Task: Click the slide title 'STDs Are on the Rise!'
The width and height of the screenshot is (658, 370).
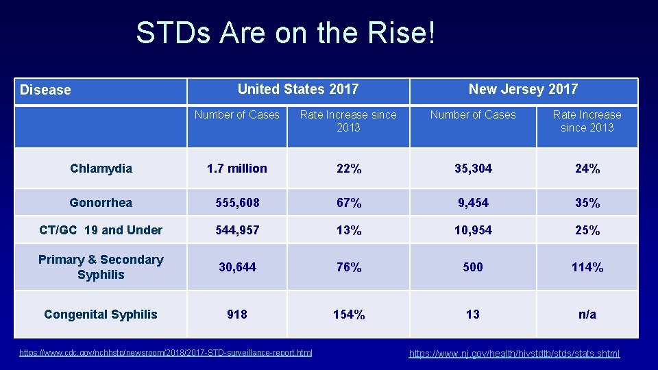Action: pyautogui.click(x=285, y=33)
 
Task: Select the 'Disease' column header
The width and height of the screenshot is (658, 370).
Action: pyautogui.click(x=45, y=90)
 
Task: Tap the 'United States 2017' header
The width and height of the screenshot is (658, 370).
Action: pyautogui.click(x=297, y=89)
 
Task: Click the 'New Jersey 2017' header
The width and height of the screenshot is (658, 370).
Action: pyautogui.click(x=523, y=89)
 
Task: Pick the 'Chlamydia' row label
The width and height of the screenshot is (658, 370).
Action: pyautogui.click(x=101, y=169)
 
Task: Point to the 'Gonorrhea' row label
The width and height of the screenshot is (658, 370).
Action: pyautogui.click(x=101, y=203)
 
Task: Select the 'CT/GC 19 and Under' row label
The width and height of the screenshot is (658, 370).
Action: pyautogui.click(x=101, y=230)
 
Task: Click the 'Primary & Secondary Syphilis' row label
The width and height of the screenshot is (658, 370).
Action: pyautogui.click(x=101, y=267)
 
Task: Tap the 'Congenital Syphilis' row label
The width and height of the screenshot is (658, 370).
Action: pyautogui.click(x=101, y=314)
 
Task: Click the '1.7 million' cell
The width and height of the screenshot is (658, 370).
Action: pyautogui.click(x=237, y=169)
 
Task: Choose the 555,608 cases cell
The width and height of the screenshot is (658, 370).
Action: pyautogui.click(x=237, y=203)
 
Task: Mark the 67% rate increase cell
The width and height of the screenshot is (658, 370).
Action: pyautogui.click(x=348, y=203)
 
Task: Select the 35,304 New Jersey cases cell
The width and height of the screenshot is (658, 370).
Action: pyautogui.click(x=473, y=169)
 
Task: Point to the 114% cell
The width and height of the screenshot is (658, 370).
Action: pyautogui.click(x=587, y=267)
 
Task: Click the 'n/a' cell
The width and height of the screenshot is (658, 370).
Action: pyautogui.click(x=587, y=314)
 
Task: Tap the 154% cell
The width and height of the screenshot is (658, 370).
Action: pyautogui.click(x=348, y=314)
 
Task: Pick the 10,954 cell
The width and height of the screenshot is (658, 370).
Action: pyautogui.click(x=473, y=230)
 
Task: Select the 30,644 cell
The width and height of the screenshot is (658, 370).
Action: pyautogui.click(x=237, y=267)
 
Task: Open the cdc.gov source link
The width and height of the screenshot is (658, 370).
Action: pyautogui.click(x=165, y=353)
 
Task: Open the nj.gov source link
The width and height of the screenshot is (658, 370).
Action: pyautogui.click(x=514, y=354)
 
